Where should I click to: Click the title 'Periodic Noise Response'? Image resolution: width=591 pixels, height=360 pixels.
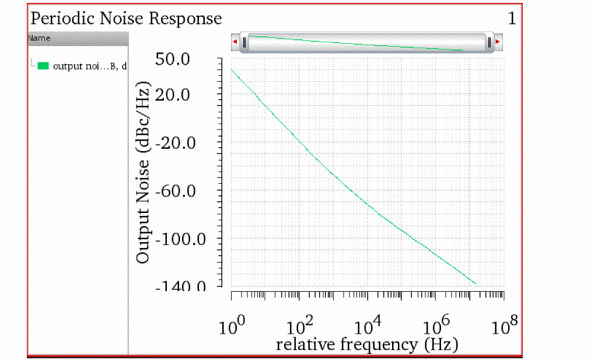point(126,19)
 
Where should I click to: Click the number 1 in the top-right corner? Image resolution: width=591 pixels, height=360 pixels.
point(512,19)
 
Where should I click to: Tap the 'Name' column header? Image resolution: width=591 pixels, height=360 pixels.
point(40,39)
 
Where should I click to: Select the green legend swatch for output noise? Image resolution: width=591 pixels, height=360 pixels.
point(43,66)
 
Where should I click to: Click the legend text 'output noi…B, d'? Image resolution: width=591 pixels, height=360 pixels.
point(90,66)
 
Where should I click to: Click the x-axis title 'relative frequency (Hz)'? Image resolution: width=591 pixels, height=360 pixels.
point(367,344)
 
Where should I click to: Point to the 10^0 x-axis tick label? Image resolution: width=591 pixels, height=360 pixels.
point(231,326)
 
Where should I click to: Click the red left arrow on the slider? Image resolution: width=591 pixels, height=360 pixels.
point(235,43)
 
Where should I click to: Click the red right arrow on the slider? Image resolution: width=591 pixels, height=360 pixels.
point(498,43)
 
